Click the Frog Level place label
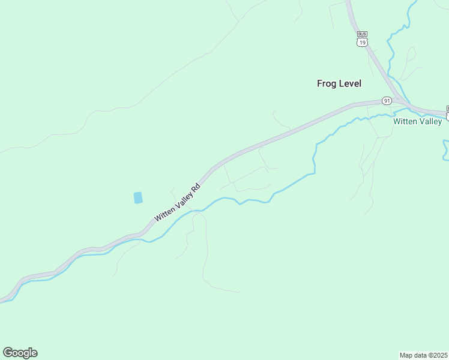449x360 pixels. pos(339,83)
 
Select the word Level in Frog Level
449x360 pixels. pos(350,83)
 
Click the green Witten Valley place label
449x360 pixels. pos(417,121)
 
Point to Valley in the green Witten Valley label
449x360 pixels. pos(431,121)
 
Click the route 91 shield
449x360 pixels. pos(386,101)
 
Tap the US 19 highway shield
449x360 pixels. pos(361,42)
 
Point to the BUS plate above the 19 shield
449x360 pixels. pos(361,34)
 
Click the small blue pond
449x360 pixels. pos(138,197)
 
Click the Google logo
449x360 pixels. pos(20,353)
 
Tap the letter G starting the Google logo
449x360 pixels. pos(8,353)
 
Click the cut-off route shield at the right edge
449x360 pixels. pos(447,113)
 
